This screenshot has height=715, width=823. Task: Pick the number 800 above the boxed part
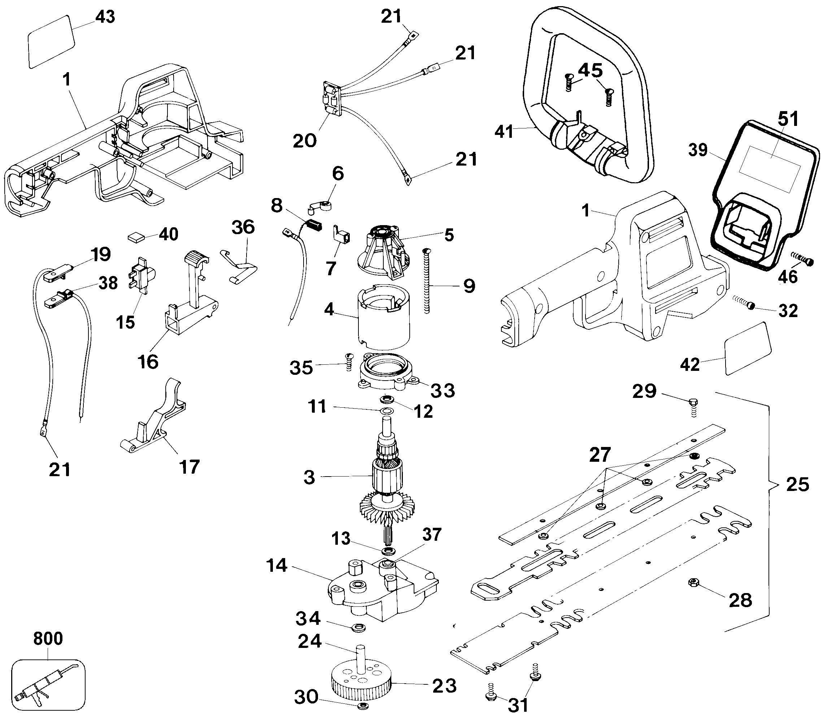coord(48,639)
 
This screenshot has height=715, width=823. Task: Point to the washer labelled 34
coord(355,628)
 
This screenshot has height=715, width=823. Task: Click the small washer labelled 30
coord(362,707)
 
